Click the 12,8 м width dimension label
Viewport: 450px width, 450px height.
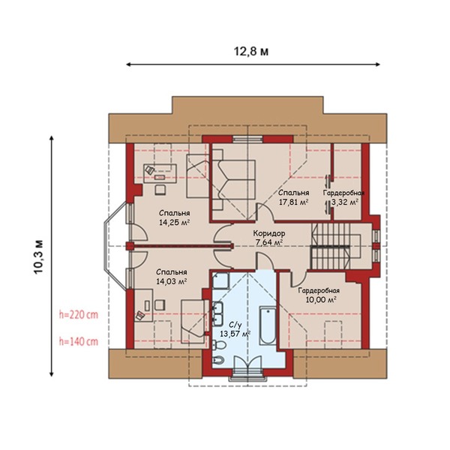(x=251, y=51)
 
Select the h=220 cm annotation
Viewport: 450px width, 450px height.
(x=79, y=315)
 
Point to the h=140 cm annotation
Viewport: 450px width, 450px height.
(x=79, y=341)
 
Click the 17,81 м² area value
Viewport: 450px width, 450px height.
(x=293, y=202)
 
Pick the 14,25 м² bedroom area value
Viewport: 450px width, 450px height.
(x=175, y=223)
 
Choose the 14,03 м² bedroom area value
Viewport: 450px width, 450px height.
(x=172, y=281)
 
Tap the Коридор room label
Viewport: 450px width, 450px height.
(x=269, y=233)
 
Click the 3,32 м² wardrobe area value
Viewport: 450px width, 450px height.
(x=345, y=202)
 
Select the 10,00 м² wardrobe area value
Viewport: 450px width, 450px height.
(x=321, y=300)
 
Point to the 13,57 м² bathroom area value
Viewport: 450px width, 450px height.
(x=235, y=334)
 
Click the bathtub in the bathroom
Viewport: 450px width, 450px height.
(x=268, y=325)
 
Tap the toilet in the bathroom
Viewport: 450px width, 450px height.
(x=219, y=344)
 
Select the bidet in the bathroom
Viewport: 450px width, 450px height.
(x=218, y=360)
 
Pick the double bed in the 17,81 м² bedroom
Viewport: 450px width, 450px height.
(x=233, y=180)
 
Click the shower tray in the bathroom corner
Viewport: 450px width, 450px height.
(x=220, y=280)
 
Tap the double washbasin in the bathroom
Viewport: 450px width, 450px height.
(x=217, y=314)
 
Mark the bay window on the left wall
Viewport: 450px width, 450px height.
(x=115, y=245)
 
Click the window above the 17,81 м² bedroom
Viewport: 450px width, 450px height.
(x=247, y=139)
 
